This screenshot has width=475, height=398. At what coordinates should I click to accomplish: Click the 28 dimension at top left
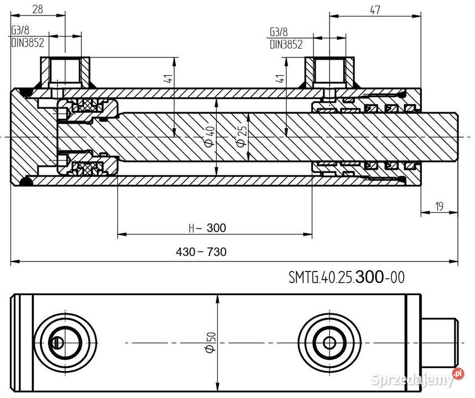(x=38, y=8)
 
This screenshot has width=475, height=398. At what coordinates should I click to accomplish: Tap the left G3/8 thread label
(x=22, y=30)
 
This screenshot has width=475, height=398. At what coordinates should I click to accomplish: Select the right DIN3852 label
(x=286, y=45)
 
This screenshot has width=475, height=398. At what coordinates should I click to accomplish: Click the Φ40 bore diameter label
(x=208, y=136)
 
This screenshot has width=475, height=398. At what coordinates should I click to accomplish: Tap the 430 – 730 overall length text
(x=201, y=252)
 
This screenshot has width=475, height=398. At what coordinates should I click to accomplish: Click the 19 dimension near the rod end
(x=439, y=207)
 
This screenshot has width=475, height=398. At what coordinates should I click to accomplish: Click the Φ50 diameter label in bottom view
(x=209, y=343)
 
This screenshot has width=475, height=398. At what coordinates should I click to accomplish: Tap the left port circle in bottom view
(x=65, y=342)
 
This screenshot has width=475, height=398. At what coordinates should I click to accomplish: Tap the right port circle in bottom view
(x=330, y=342)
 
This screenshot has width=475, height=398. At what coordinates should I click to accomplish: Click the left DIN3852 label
(x=28, y=42)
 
